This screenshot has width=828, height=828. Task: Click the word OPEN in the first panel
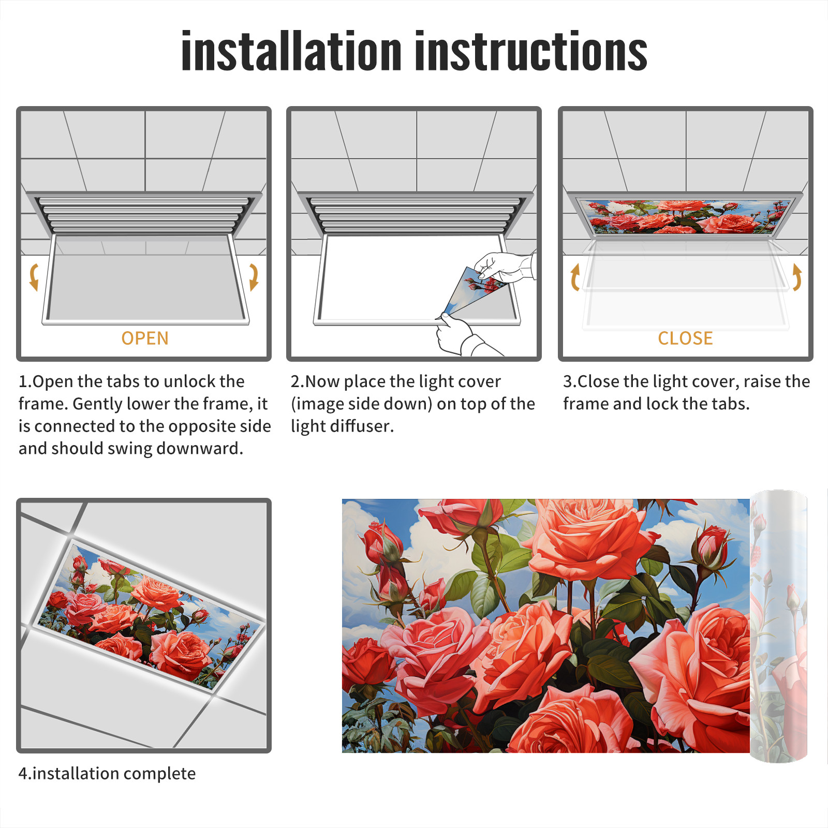click(145, 338)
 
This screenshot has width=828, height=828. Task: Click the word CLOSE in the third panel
click(685, 338)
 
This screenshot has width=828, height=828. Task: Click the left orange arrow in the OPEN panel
click(34, 277)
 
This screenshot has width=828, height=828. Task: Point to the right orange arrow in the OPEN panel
click(254, 277)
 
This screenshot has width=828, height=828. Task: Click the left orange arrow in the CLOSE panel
click(574, 277)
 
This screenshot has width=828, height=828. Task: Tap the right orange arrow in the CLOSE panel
click(797, 277)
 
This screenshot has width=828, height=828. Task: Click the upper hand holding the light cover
click(505, 267)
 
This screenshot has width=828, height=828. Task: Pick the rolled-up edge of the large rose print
click(779, 626)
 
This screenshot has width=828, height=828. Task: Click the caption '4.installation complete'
click(107, 774)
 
